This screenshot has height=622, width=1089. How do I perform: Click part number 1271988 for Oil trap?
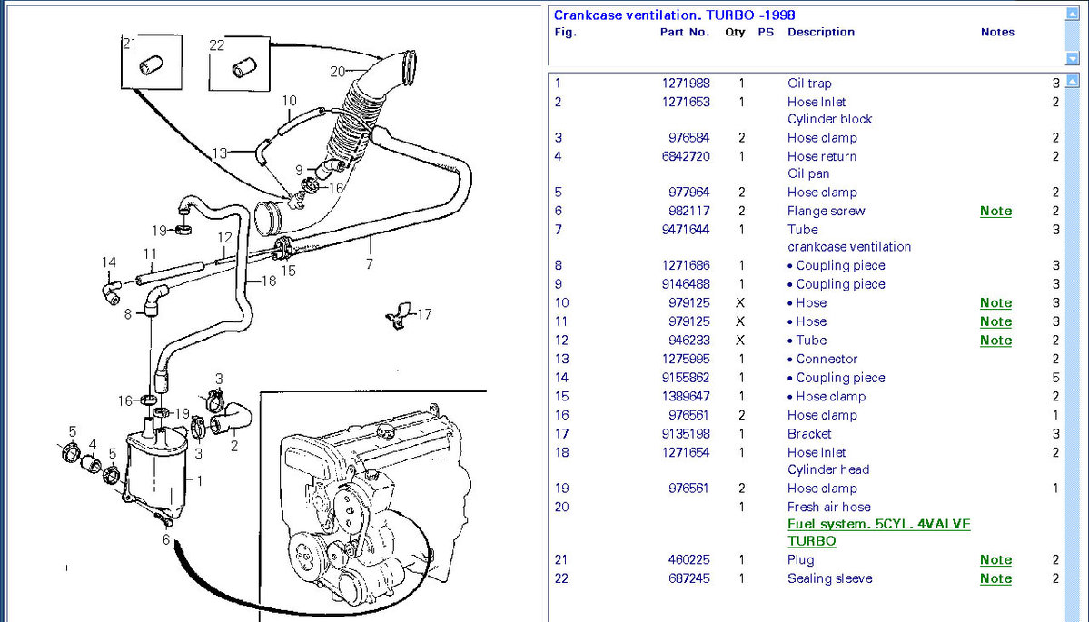pos(686,84)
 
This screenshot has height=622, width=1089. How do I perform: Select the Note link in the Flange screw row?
pos(995,211)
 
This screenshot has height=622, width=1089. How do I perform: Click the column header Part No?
pos(684,32)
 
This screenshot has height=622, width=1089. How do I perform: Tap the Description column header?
pos(820,32)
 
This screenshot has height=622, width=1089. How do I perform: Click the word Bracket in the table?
pos(808,434)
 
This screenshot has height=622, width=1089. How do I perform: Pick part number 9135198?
pos(686,434)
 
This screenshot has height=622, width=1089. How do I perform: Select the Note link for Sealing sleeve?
pos(995,578)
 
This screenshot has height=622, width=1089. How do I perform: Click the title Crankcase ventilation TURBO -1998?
pos(674,15)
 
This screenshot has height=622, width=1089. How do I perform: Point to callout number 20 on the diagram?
pos(337,71)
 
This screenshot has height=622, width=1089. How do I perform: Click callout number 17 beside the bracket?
pos(424,314)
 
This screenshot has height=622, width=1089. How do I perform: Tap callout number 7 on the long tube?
pos(369,264)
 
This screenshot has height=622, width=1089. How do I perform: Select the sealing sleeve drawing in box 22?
pos(241,68)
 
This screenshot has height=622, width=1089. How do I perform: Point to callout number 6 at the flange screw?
pos(165,539)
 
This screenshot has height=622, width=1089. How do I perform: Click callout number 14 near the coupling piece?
pos(109,263)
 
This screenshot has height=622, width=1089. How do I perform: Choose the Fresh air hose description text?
pos(828,507)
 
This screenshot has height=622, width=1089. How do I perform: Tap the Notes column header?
pos(996,32)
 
